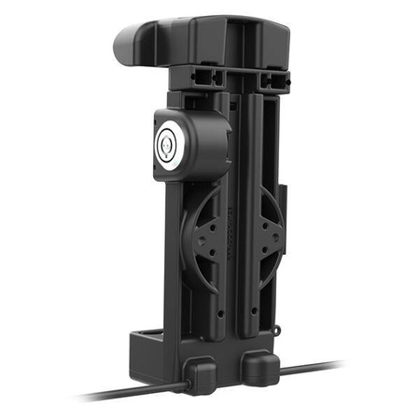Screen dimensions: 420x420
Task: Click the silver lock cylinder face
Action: tap(167, 140)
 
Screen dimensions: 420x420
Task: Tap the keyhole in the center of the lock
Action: tap(167, 142)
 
